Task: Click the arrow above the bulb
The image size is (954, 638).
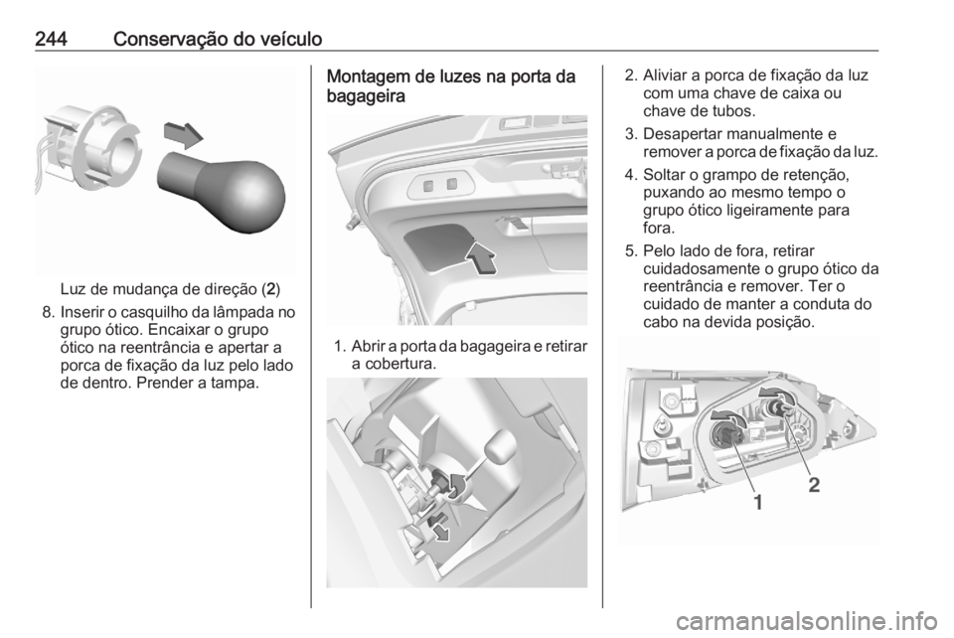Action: [182, 132]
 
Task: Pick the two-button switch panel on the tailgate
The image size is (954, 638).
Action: [441, 183]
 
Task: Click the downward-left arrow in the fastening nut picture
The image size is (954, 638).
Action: [437, 529]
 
